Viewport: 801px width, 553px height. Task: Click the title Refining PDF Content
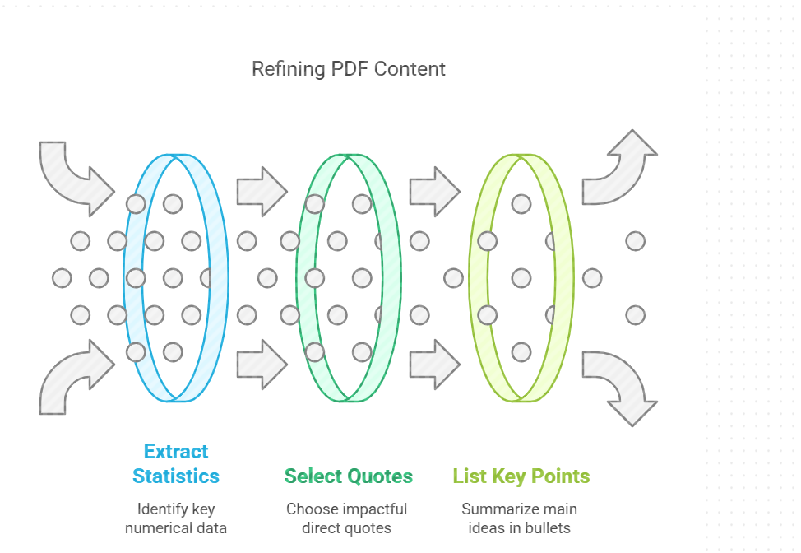348,69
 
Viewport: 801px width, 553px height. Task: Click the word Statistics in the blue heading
176,476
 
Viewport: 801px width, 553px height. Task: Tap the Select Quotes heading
349,476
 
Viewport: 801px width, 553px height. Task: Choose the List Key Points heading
521,476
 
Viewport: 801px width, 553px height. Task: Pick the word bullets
549,527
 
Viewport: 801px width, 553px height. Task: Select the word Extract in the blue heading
176,452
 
